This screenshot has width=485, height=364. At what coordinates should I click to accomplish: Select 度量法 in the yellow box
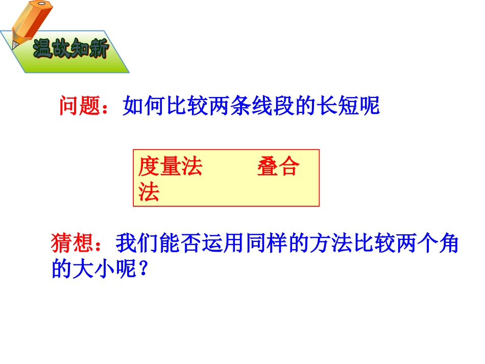[x=170, y=167]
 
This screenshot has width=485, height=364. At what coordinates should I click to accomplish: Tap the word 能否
[x=180, y=244]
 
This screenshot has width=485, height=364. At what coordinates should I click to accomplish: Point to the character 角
[x=449, y=244]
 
